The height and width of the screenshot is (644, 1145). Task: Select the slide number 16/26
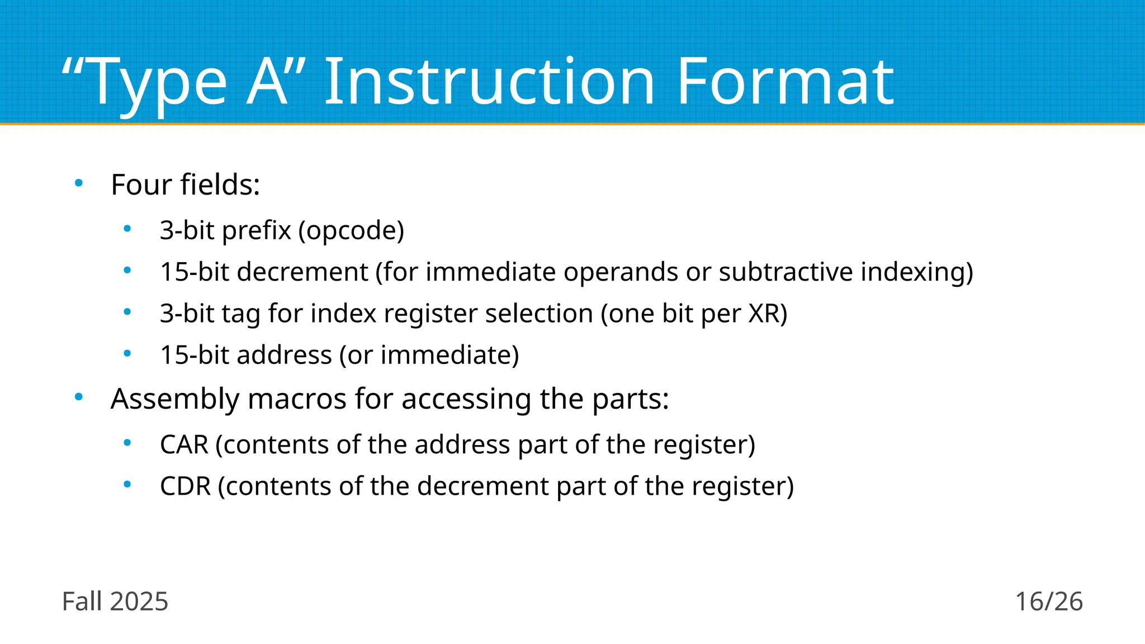pyautogui.click(x=1049, y=602)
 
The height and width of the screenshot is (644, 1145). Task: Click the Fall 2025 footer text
pyautogui.click(x=115, y=602)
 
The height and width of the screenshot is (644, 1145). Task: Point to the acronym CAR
pyautogui.click(x=184, y=445)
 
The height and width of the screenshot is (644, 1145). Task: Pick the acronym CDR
pyautogui.click(x=185, y=486)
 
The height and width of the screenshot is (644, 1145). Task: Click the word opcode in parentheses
pyautogui.click(x=351, y=231)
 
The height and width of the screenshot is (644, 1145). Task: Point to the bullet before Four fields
pyautogui.click(x=79, y=183)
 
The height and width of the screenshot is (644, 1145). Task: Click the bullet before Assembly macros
pyautogui.click(x=79, y=397)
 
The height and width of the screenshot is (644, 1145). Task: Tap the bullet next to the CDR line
pyautogui.click(x=127, y=484)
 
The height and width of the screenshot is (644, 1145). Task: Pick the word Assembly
pyautogui.click(x=175, y=400)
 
